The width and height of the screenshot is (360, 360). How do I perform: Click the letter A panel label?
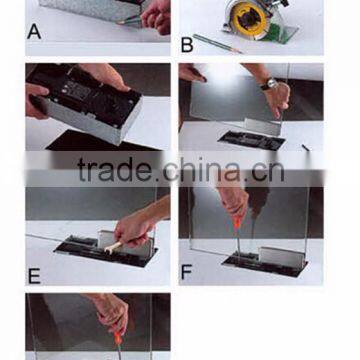pos(34,32)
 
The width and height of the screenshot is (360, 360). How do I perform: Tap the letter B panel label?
pos(187,45)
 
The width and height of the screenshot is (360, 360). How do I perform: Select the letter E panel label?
pos(34,276)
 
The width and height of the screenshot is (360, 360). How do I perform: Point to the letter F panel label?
pos(187,272)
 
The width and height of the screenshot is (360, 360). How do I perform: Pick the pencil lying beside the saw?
pos(217,44)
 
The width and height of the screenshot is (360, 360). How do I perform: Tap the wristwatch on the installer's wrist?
pos(269,84)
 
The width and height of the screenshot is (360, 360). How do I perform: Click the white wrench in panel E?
pos(112,248)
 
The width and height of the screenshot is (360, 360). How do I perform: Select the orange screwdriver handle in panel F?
pos(236,223)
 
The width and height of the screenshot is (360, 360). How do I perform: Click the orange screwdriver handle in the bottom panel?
pos(118,338)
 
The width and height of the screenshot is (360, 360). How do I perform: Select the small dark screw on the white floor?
pos(306,147)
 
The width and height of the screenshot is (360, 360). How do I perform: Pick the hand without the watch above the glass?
pos(192,73)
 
